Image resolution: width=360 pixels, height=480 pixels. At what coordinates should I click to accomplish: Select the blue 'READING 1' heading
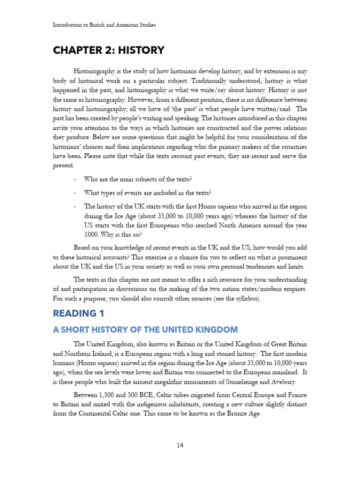[78, 313]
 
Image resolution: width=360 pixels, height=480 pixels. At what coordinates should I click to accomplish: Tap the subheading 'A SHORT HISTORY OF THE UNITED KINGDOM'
[145, 330]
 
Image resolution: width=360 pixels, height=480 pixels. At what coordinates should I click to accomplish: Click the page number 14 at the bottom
[180, 445]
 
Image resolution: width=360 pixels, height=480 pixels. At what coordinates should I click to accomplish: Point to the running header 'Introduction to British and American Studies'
[104, 25]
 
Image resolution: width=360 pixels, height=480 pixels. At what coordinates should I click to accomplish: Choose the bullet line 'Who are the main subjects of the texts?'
[138, 180]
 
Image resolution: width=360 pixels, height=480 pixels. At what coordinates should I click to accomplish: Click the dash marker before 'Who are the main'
[75, 180]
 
